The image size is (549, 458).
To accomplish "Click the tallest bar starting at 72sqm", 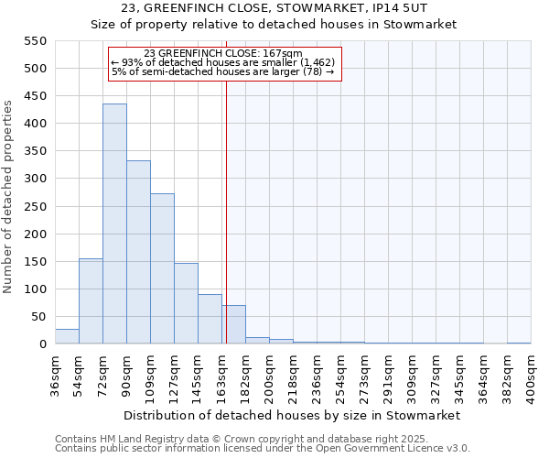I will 114,224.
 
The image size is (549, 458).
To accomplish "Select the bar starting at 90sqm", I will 138,253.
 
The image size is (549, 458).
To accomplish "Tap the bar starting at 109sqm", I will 162,269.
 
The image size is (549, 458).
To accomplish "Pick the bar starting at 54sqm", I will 91,301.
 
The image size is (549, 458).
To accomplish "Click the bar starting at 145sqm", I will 210,320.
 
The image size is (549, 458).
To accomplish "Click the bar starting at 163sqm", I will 234,325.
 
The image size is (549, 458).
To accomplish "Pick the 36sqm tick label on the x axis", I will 55,376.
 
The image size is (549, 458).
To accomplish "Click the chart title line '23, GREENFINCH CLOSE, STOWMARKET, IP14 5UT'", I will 274,9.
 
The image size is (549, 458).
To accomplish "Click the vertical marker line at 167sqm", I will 226,211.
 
